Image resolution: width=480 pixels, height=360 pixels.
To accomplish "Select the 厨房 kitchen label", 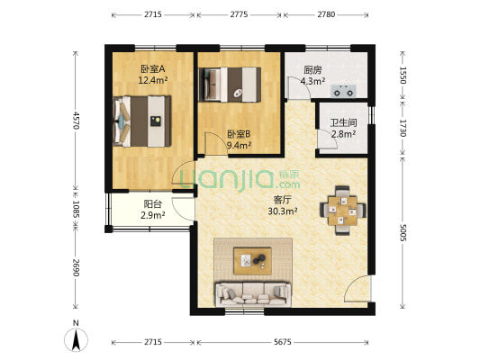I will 312,69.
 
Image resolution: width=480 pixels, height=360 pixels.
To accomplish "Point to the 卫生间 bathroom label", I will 342,125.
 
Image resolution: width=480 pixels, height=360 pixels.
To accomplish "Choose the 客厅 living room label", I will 282,200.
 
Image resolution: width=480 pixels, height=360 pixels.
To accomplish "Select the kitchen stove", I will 345,90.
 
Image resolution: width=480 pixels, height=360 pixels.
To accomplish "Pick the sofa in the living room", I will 252,292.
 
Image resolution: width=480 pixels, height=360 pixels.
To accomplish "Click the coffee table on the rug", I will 253,261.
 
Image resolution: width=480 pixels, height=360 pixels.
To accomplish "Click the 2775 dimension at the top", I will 239,15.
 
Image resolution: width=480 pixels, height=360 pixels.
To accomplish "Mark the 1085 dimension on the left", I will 77,209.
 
